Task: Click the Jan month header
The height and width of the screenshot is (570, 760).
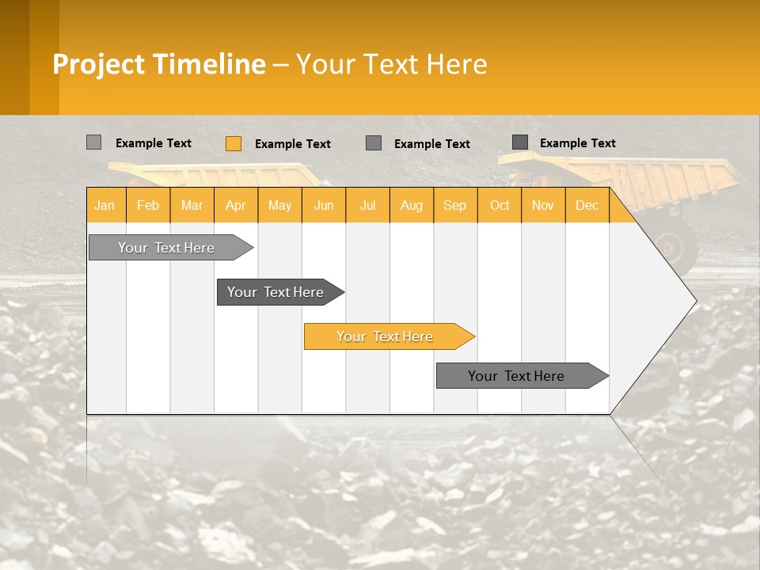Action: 105,205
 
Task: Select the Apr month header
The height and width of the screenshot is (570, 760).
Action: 236,205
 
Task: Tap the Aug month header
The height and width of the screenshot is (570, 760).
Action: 412,205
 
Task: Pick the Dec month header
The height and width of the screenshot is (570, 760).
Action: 587,205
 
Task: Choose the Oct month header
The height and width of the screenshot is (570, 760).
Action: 500,205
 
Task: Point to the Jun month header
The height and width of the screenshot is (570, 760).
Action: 324,205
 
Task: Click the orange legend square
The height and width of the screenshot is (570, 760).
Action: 234,143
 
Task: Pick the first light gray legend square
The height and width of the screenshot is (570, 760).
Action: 94,142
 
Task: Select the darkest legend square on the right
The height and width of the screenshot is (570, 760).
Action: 520,142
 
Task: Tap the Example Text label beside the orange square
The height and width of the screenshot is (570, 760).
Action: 293,144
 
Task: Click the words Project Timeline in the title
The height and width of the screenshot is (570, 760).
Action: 159,64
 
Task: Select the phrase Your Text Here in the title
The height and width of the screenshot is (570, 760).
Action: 392,64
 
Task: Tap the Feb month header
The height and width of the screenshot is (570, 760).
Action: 148,205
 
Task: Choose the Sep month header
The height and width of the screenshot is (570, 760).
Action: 455,205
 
